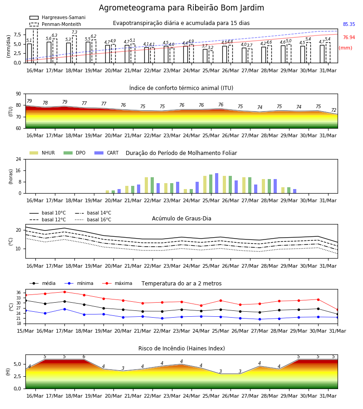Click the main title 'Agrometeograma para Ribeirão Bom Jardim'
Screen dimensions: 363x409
pos(181,8)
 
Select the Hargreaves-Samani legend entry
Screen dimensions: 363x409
pos(57,17)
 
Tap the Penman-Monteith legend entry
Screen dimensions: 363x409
pos(55,24)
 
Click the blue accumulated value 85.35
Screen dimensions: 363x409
pos(349,24)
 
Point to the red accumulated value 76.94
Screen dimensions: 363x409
pos(349,37)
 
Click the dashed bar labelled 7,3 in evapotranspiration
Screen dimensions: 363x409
pos(74,49)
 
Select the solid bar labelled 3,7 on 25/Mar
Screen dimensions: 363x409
pos(205,56)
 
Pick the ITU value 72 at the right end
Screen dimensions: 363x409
pos(334,110)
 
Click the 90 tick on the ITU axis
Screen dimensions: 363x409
pos(19,94)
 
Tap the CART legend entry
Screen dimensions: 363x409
pos(107,153)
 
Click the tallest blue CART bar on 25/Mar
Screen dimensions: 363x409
pos(216,183)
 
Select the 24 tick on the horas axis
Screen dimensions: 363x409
pos(19,159)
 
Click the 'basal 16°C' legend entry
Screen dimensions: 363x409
pos(93,219)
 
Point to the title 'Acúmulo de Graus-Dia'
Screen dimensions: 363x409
pos(181,218)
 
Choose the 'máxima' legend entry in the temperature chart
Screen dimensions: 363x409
pos(117,283)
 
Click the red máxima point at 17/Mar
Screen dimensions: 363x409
pos(64,292)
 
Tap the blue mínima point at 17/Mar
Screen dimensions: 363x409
pos(64,309)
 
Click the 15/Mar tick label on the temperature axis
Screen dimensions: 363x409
pos(25,331)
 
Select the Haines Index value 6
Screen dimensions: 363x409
pos(84,357)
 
